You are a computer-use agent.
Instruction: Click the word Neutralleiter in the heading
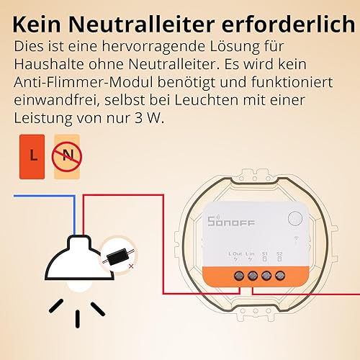tap(142, 24)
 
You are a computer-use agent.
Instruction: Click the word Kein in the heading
tap(37, 24)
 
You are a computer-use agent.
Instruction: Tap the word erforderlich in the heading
tap(288, 24)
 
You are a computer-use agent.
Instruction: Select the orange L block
tap(32, 157)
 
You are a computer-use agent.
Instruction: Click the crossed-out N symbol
tap(67, 157)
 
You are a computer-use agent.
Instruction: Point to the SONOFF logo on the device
tap(231, 221)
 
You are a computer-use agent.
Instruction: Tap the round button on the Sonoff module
tap(294, 218)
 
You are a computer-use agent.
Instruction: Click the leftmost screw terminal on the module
tap(239, 276)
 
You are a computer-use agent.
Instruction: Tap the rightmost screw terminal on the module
tap(280, 276)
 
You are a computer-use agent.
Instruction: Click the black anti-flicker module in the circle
tap(117, 257)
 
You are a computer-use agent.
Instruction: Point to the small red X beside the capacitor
tap(131, 266)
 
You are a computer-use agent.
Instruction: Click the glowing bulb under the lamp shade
tap(78, 286)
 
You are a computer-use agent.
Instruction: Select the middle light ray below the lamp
tap(78, 319)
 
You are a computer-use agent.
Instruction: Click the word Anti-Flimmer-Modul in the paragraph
tap(84, 82)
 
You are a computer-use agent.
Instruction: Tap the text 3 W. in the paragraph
tap(149, 118)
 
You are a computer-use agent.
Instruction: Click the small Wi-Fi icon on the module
tap(297, 238)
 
